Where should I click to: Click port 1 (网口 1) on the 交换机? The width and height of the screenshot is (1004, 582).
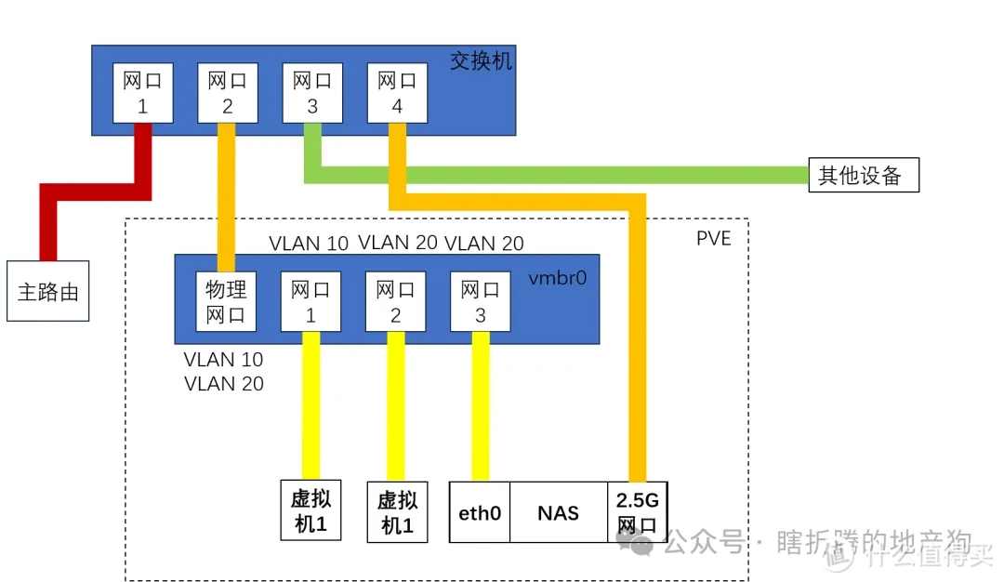[142, 93]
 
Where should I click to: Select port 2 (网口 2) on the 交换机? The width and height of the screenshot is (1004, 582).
[228, 93]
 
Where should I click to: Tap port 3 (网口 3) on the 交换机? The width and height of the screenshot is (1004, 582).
[312, 93]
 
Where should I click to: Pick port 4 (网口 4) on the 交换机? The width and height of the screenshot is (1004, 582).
[397, 93]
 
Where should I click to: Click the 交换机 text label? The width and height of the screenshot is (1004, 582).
[481, 61]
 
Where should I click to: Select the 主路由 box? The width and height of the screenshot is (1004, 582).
[48, 291]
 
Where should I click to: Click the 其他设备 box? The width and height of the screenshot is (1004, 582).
[863, 175]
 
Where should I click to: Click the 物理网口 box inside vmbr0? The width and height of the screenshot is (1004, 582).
[226, 302]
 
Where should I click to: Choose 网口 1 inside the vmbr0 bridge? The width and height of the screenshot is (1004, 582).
[310, 302]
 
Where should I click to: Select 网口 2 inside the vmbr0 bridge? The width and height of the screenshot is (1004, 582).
[395, 302]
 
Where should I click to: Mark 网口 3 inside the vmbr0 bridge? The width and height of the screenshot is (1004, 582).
[480, 302]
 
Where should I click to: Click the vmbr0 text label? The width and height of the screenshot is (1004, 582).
[557, 277]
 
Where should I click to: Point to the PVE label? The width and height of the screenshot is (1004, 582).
[713, 239]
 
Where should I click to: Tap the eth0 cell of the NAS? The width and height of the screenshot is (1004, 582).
[480, 512]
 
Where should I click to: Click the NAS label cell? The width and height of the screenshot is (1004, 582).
[558, 512]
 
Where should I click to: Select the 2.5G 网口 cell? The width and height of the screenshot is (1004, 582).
[637, 512]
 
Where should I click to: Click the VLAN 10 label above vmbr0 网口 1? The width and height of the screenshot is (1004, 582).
[309, 244]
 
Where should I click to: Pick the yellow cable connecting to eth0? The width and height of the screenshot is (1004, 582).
[481, 409]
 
